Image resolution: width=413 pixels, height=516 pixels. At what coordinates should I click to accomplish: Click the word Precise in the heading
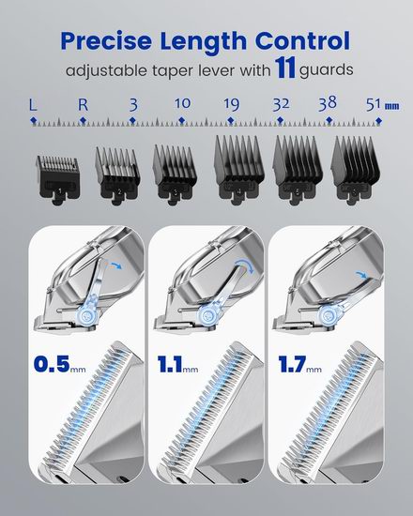[106, 40]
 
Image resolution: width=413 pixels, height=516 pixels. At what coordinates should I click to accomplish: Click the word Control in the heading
[302, 40]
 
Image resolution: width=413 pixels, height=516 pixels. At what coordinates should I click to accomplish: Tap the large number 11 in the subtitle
[285, 68]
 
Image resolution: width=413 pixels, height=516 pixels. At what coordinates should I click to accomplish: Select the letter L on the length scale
[33, 105]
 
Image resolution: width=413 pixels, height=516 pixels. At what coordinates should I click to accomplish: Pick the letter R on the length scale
[83, 105]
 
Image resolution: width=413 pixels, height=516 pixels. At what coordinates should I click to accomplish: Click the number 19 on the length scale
[231, 104]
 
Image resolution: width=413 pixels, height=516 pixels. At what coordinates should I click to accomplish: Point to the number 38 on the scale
[328, 102]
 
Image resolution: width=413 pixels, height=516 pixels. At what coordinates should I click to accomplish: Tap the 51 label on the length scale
[374, 104]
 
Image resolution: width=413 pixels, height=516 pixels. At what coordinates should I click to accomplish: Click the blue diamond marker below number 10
[181, 121]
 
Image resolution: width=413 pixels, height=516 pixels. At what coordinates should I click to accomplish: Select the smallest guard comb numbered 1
[58, 180]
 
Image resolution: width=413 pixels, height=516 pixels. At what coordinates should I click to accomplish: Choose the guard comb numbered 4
[238, 170]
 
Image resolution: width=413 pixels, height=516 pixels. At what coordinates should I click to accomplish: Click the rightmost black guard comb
[356, 171]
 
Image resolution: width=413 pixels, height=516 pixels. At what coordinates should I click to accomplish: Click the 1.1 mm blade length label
[177, 364]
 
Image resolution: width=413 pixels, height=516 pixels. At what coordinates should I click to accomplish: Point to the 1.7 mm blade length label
[299, 364]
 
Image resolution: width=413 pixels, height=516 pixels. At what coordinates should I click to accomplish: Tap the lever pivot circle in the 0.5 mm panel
[88, 315]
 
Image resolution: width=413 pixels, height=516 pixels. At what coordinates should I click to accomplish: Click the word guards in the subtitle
[326, 70]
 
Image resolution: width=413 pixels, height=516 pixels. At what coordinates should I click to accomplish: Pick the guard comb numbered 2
[117, 176]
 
